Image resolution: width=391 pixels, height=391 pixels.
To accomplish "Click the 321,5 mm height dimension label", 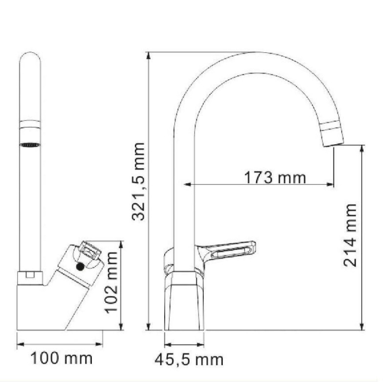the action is pyautogui.click(x=138, y=181).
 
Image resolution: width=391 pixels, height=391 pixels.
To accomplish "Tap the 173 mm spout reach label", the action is pyautogui.click(x=275, y=178).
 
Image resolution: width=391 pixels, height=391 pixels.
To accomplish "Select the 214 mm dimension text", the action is pyautogui.click(x=350, y=236).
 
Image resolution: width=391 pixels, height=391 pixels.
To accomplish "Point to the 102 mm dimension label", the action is pyautogui.click(x=111, y=282).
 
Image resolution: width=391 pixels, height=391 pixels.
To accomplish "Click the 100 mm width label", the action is pyautogui.click(x=62, y=358).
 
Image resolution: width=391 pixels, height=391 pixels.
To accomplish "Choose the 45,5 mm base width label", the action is pyautogui.click(x=189, y=360).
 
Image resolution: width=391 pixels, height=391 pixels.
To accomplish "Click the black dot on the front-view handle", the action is pyautogui.click(x=80, y=267).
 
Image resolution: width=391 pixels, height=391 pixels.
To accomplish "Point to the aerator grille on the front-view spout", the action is pyautogui.click(x=30, y=145).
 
